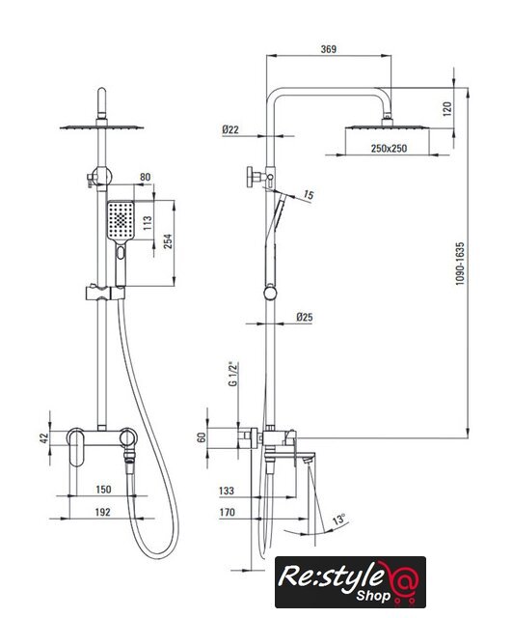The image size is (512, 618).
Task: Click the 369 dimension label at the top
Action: tap(329, 49)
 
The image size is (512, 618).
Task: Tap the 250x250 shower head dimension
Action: tap(389, 149)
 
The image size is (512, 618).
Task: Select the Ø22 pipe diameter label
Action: tap(230, 129)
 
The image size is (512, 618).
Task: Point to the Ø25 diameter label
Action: tap(304, 317)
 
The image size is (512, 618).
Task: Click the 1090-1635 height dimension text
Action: tap(460, 264)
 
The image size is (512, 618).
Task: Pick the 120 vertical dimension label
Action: tap(447, 109)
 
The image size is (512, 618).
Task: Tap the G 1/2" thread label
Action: tap(233, 374)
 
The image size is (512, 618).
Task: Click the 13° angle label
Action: tap(338, 519)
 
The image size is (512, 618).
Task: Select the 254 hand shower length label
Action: tap(168, 241)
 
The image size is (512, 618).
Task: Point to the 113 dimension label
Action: tap(148, 223)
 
